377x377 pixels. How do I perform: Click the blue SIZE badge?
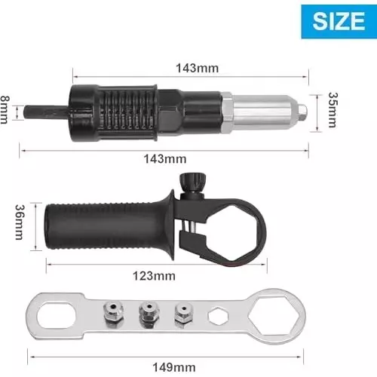pos(336,20)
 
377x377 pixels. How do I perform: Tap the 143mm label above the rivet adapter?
pos(195,68)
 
